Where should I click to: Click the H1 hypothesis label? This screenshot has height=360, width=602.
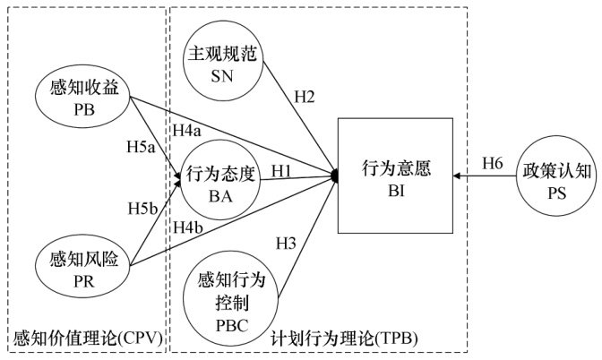click(x=281, y=169)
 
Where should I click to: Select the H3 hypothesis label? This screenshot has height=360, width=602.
click(x=285, y=243)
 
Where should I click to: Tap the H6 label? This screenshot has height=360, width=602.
click(x=493, y=164)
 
